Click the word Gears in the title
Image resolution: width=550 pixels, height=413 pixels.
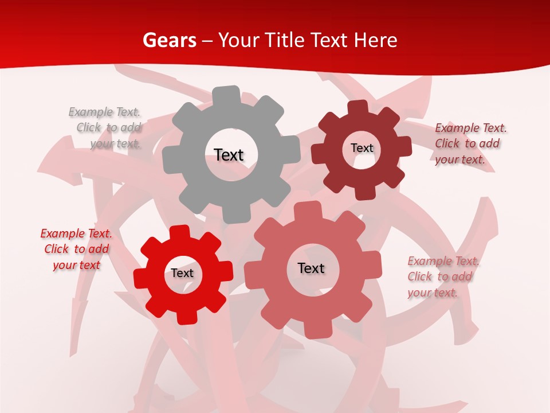click(169, 40)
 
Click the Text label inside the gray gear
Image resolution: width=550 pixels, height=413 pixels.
click(229, 155)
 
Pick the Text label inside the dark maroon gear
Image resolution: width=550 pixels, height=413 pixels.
click(362, 148)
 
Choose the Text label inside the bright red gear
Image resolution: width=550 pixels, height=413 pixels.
click(182, 273)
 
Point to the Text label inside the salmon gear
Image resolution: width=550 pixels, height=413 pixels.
click(311, 268)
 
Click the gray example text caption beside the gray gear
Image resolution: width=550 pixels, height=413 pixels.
click(105, 128)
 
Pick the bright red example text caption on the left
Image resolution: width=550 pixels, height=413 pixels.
click(76, 249)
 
